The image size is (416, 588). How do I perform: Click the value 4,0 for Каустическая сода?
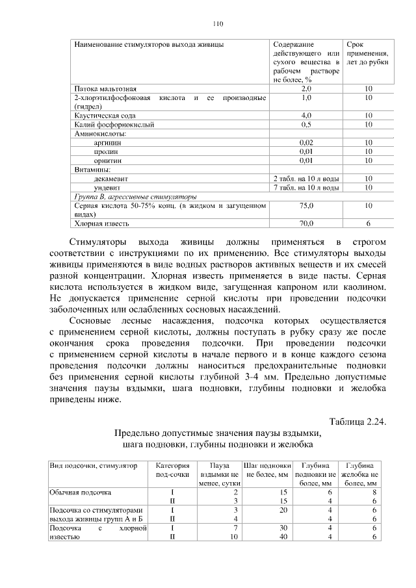coord(306,115)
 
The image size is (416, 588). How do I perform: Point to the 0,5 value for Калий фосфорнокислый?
coord(306,124)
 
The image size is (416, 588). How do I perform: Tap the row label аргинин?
coord(107,142)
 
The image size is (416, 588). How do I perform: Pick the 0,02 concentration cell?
coord(306,142)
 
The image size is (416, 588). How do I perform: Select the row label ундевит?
coord(107,187)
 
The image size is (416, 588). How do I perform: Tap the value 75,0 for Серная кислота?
coord(306,205)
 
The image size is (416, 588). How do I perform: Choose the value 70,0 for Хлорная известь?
coord(306,224)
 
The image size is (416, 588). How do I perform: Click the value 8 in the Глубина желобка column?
coord(374,492)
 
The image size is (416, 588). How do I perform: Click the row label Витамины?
coord(93,169)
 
